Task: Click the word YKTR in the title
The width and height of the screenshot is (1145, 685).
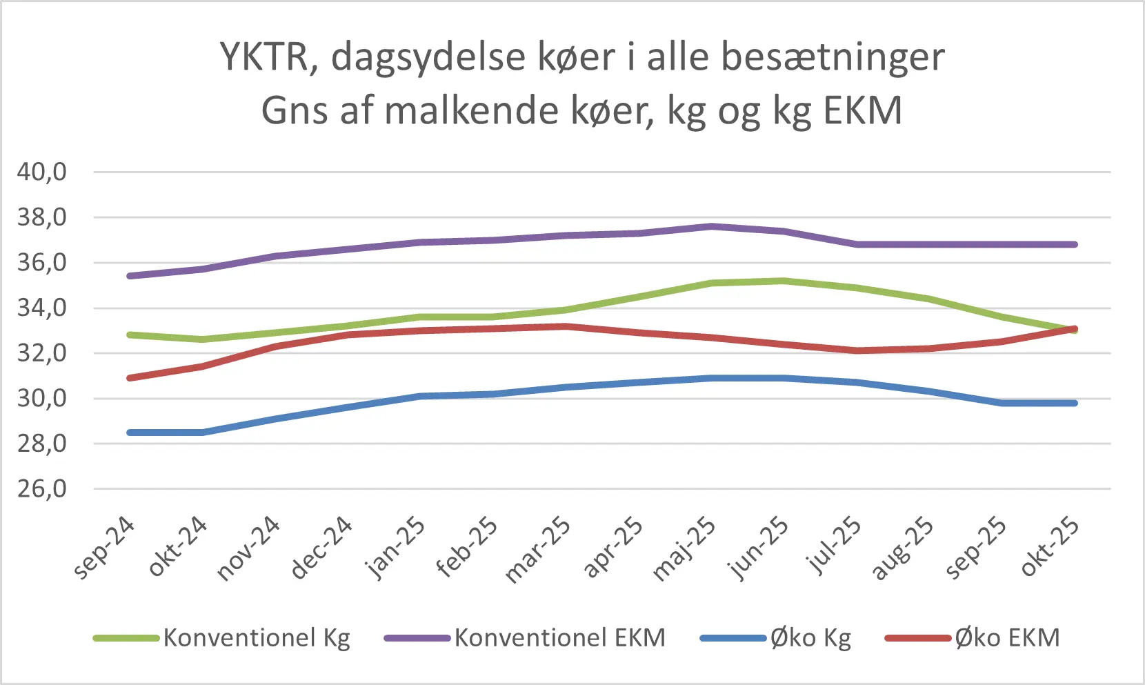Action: [x=263, y=57]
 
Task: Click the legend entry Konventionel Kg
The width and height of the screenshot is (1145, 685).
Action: [x=257, y=637]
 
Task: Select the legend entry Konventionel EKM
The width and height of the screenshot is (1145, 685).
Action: [x=559, y=637]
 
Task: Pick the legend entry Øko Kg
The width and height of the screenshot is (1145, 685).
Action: [x=810, y=637]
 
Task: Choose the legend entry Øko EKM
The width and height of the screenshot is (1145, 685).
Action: [x=1007, y=637]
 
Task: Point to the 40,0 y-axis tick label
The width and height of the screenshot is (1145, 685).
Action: [x=42, y=172]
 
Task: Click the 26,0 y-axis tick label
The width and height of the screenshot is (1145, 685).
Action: [x=42, y=489]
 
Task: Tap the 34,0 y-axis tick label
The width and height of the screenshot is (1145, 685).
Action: [x=42, y=308]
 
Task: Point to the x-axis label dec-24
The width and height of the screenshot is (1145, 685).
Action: [x=322, y=549]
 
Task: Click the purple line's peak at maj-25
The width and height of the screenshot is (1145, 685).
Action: [x=711, y=226]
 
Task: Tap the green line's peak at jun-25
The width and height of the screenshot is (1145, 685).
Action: [x=784, y=281]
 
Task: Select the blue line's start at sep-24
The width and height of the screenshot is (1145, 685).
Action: [x=130, y=433]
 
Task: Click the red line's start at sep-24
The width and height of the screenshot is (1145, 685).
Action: [x=130, y=378]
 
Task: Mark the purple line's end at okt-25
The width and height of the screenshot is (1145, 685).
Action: [x=1075, y=244]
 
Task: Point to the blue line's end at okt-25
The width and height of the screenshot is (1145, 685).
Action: [x=1075, y=403]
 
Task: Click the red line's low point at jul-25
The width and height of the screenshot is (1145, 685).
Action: [x=857, y=350]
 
